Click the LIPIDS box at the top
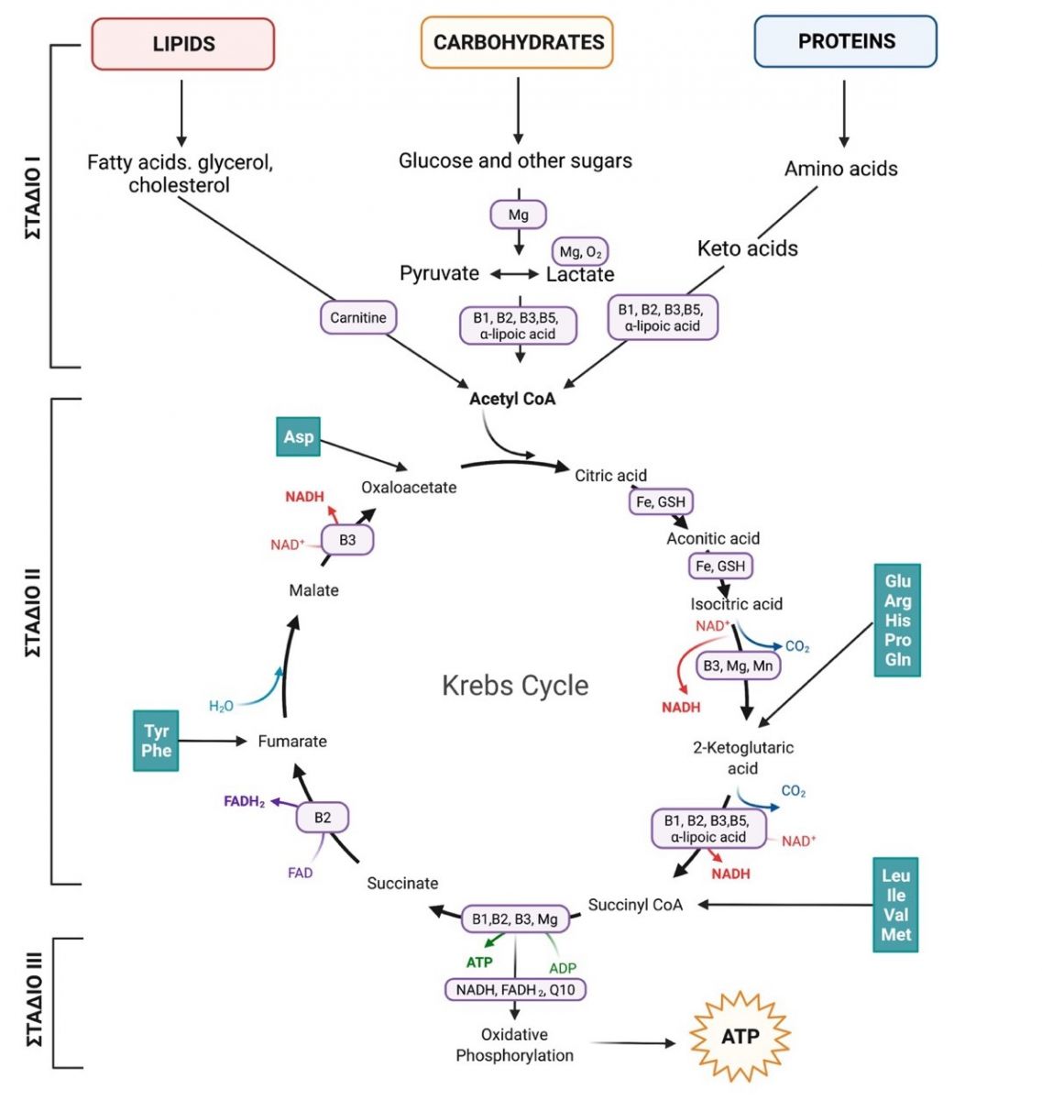183,44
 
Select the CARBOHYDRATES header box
517,42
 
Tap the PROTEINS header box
845,41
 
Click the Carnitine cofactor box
358,317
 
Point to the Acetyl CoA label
512,399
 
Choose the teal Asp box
298,436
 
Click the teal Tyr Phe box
156,741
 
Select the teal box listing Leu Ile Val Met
895,905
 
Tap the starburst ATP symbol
740,1037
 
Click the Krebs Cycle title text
515,686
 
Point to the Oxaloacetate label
409,488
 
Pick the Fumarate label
292,742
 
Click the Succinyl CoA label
635,905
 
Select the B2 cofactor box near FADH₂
323,818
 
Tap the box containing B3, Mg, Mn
738,665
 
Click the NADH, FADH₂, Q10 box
515,990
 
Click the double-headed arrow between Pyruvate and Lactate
514,274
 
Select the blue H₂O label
221,706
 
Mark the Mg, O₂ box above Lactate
580,252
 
